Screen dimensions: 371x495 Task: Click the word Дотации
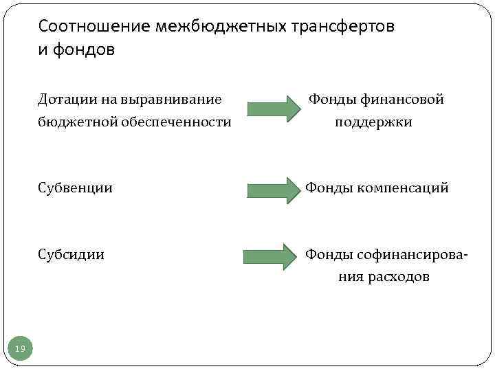(x=67, y=100)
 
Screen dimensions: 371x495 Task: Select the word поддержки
(x=374, y=123)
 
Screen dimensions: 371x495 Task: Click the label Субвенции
(x=75, y=188)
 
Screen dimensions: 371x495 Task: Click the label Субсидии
(x=71, y=255)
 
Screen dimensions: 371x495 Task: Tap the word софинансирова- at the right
(x=413, y=255)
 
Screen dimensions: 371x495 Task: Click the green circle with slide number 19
(x=21, y=349)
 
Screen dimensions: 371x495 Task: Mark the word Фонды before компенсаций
(x=328, y=188)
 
